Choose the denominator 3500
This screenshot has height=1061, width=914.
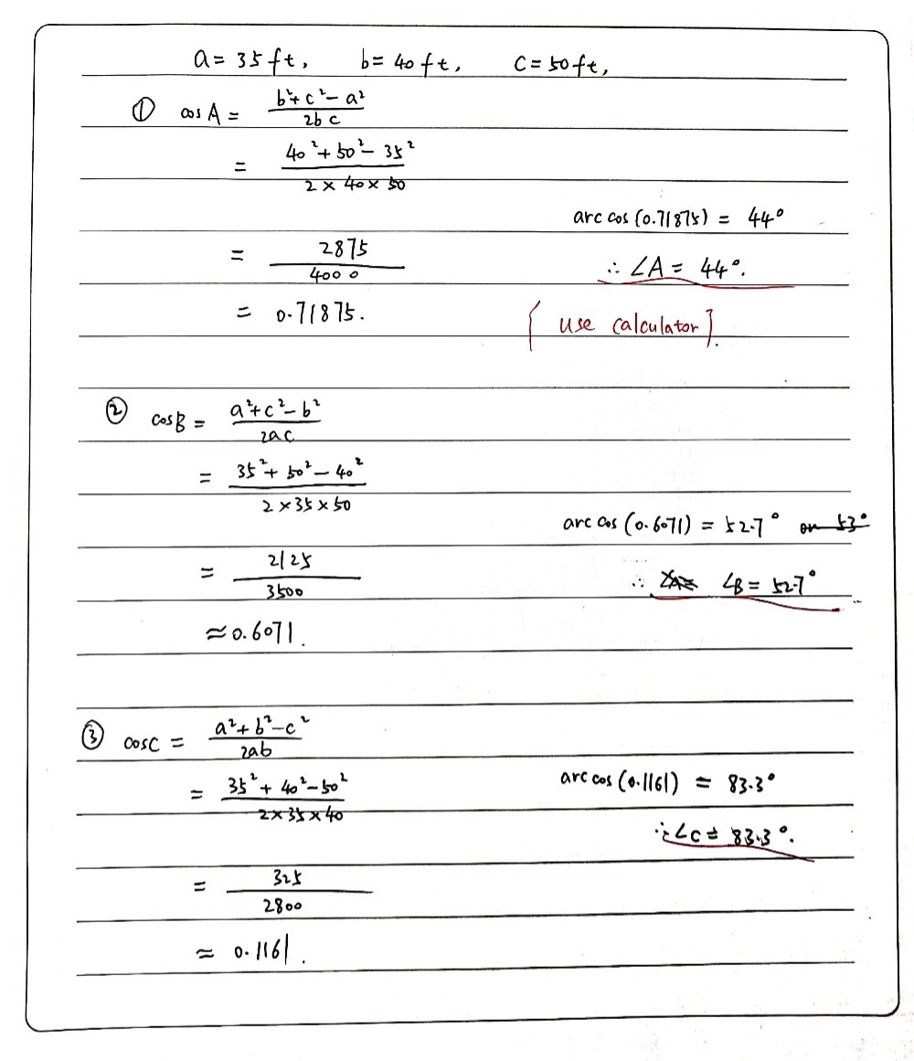(x=287, y=591)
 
